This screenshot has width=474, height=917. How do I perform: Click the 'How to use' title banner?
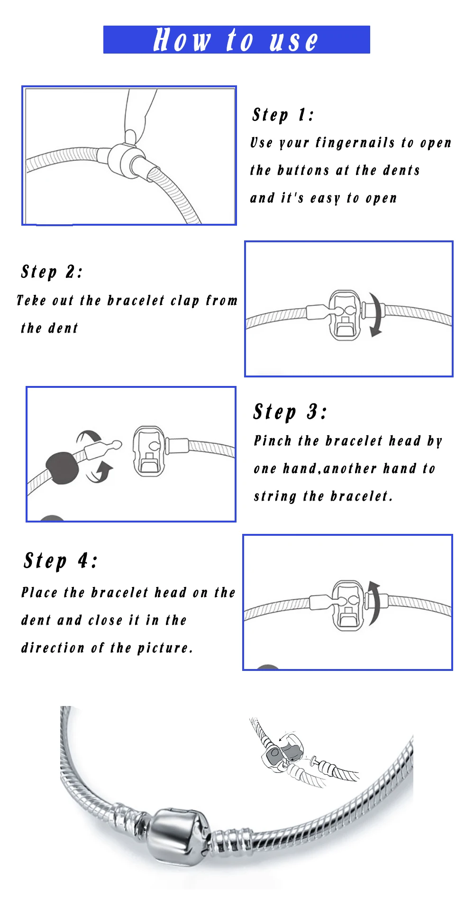coord(237,39)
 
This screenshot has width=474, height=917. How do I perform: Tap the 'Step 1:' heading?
coord(283,115)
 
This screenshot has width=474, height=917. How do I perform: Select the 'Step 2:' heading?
coord(52,272)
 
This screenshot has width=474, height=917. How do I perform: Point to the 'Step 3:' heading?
coord(290,412)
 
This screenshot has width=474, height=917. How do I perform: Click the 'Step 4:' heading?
coord(61,560)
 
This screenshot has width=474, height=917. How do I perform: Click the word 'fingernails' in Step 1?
coord(355,143)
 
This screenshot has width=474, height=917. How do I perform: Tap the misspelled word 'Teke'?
coord(31,301)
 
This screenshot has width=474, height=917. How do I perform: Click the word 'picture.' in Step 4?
coord(165,648)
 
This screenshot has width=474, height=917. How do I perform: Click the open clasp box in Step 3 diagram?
coord(149,451)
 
